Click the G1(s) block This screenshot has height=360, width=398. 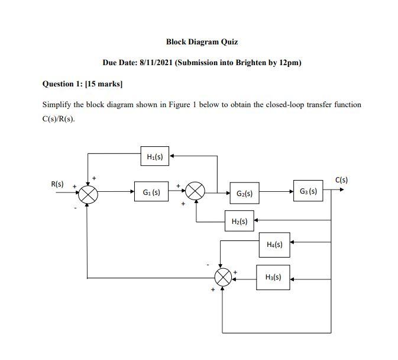click(x=151, y=192)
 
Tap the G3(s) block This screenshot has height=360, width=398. click(x=308, y=191)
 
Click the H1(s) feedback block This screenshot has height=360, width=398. click(x=155, y=157)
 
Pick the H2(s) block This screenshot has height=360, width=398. click(x=240, y=221)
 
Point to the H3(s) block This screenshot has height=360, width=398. click(x=273, y=277)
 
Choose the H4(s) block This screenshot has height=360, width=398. click(x=274, y=244)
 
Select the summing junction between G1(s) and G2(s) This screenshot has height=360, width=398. click(x=195, y=192)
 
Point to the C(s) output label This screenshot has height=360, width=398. click(x=342, y=179)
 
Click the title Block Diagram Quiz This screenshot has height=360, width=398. click(x=202, y=42)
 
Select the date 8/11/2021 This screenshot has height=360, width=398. click(x=156, y=63)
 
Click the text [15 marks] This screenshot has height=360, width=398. click(x=104, y=84)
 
